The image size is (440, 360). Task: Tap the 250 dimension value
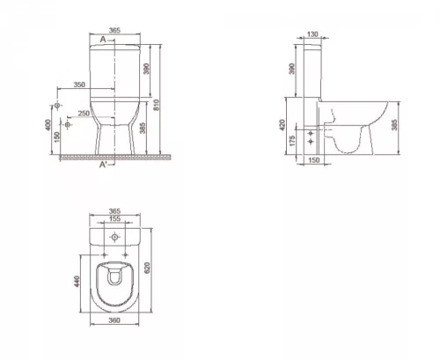pos(84,114)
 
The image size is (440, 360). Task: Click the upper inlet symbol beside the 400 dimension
pos(58,106)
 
